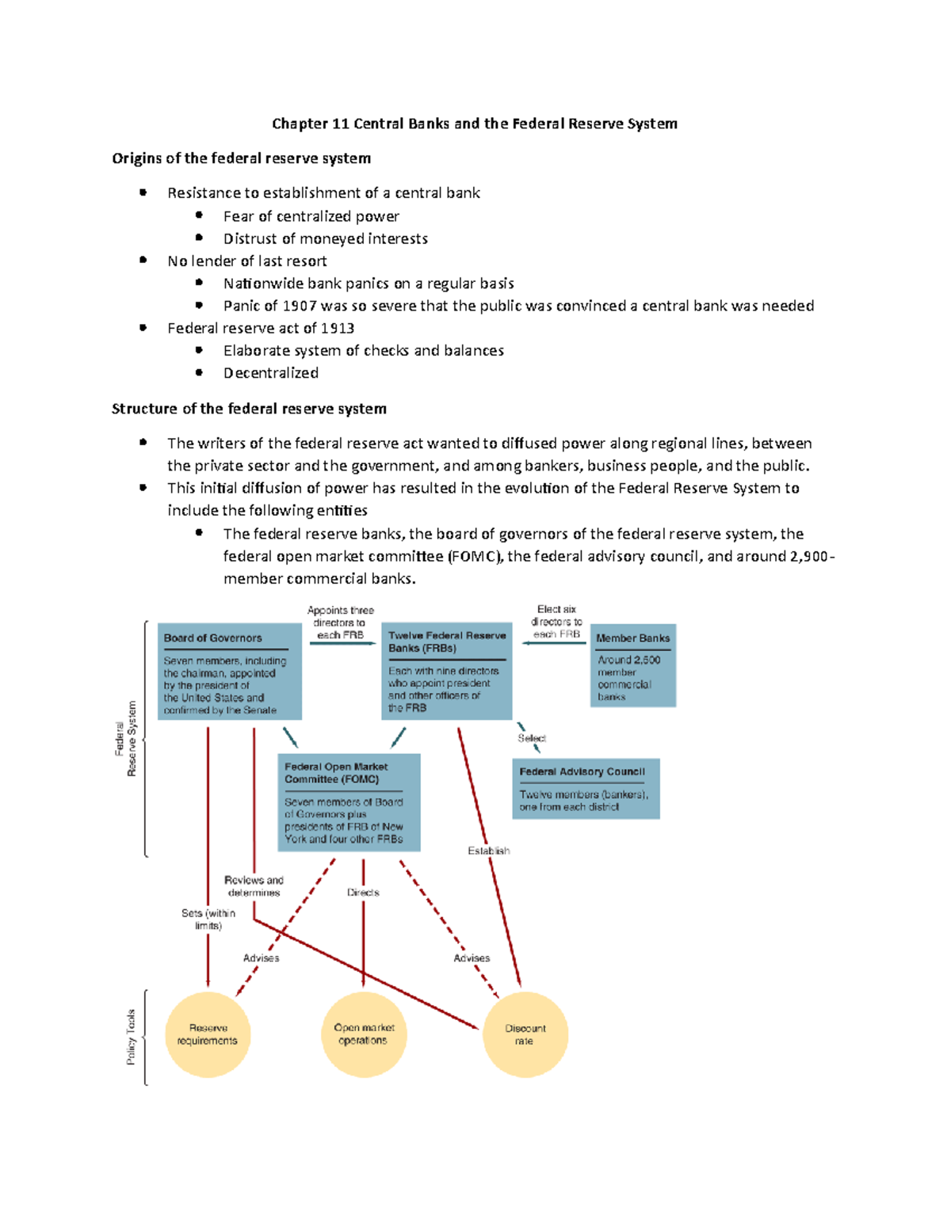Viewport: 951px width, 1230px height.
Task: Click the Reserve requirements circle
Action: (x=208, y=1034)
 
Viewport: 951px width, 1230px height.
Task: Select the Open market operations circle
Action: (x=364, y=1034)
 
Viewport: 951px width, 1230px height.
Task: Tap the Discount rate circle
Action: (x=525, y=1034)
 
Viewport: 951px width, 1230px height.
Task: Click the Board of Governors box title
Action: (x=212, y=638)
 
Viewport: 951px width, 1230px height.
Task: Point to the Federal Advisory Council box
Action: (x=586, y=788)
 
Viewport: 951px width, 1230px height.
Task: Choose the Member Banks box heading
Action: (x=632, y=638)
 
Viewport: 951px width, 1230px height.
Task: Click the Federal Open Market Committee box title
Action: (x=336, y=773)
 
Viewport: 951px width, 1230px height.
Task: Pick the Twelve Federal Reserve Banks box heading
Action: (x=446, y=642)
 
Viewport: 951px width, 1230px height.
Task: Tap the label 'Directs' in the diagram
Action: (x=363, y=893)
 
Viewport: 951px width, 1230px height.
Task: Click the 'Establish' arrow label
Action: (x=488, y=851)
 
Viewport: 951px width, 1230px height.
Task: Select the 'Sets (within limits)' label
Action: (x=208, y=919)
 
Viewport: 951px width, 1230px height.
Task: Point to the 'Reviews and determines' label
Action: (x=254, y=886)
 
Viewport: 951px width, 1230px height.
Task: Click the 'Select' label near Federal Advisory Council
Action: (x=532, y=738)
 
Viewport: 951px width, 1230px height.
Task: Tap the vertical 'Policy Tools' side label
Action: (x=132, y=1037)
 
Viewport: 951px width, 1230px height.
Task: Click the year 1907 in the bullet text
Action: (x=301, y=306)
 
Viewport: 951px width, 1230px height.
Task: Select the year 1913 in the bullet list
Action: (x=337, y=328)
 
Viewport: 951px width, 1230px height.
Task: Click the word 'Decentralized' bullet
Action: (x=271, y=373)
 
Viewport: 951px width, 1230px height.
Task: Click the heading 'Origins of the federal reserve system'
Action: (x=241, y=158)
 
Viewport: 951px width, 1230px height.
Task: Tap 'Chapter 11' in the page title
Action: (x=311, y=124)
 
